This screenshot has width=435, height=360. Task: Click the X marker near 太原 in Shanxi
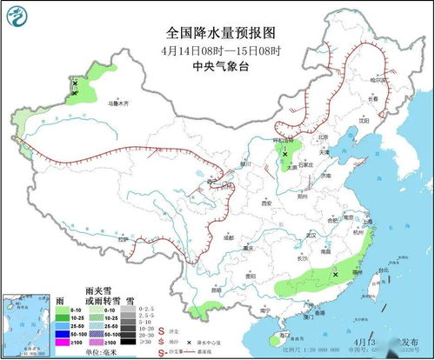(x=284, y=154)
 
